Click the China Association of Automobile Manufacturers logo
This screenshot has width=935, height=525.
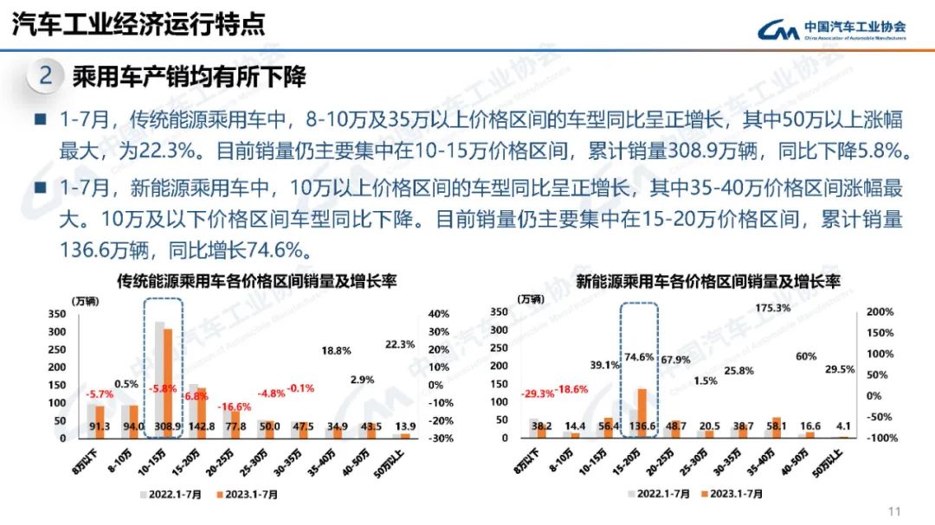(831, 30)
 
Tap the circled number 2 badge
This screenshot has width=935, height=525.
(46, 76)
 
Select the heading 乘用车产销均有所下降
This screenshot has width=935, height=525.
(190, 76)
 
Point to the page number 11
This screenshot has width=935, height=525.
(895, 509)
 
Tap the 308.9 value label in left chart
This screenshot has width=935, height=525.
(165, 427)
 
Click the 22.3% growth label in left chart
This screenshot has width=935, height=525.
(399, 344)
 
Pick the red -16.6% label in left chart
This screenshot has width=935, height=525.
(234, 407)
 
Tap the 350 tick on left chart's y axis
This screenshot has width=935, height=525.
(56, 313)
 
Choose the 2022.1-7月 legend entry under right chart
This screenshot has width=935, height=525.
(658, 494)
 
